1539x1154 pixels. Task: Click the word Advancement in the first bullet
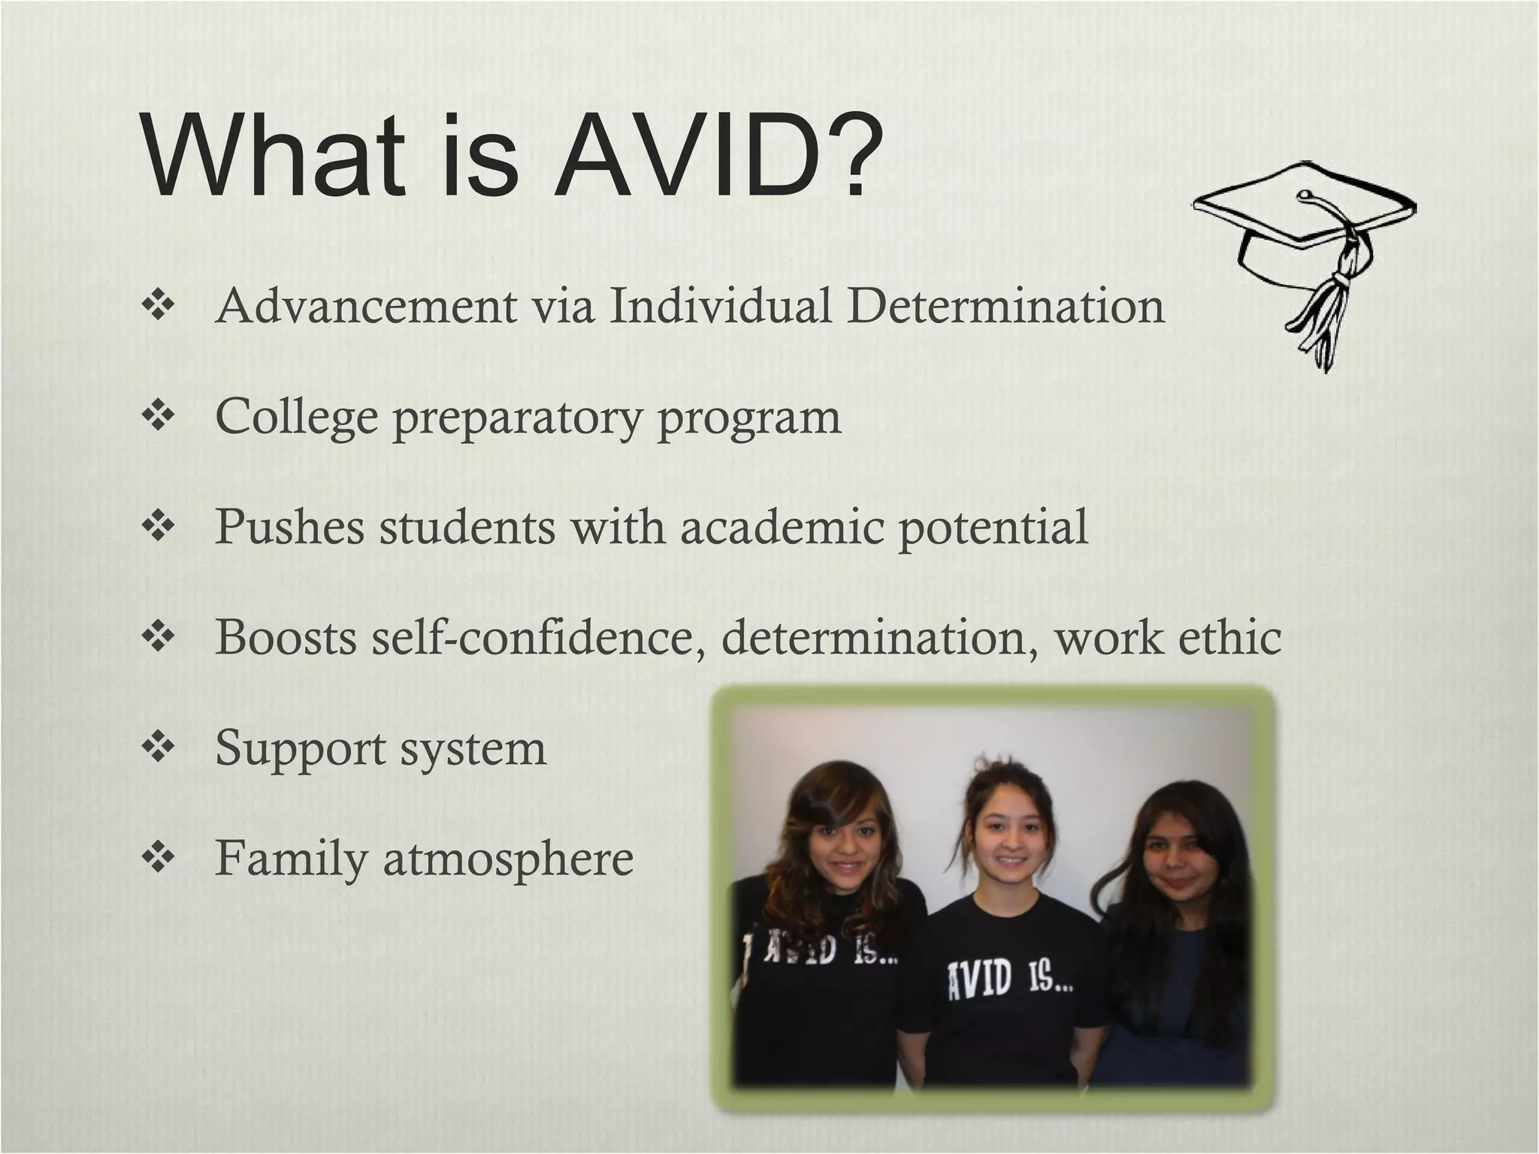[366, 307]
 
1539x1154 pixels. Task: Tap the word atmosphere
[509, 859]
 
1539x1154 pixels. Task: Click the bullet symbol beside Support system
[158, 748]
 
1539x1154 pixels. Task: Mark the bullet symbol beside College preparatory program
[158, 416]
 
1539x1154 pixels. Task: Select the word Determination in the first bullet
[1007, 307]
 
